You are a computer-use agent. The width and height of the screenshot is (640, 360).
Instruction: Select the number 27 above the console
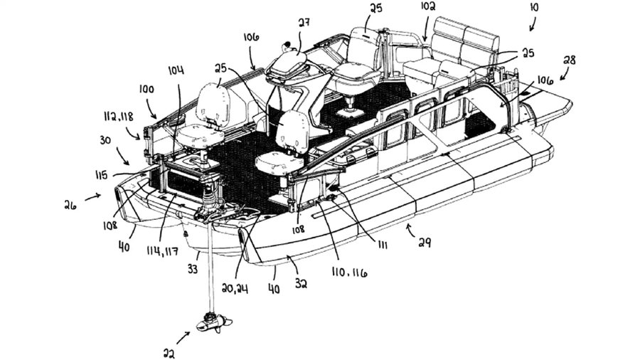[x=304, y=23]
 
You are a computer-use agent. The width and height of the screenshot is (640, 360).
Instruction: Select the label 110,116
[x=349, y=272]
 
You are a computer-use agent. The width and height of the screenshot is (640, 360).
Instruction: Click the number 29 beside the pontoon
[x=424, y=243]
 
